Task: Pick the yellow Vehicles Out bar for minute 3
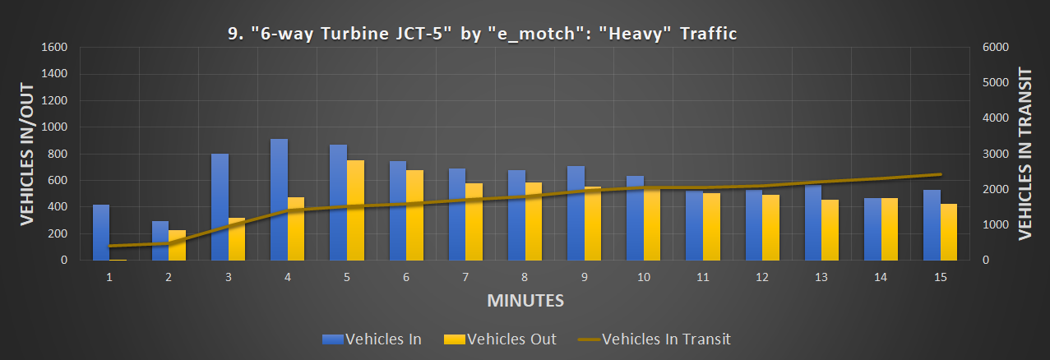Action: [237, 239]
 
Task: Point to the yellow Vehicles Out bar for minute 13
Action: [830, 230]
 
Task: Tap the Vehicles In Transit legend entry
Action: [653, 339]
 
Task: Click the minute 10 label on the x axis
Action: [643, 278]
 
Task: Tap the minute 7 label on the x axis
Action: [465, 278]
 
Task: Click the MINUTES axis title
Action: [525, 300]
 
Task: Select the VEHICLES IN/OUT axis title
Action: [26, 154]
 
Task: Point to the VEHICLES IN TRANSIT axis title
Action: [1025, 154]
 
